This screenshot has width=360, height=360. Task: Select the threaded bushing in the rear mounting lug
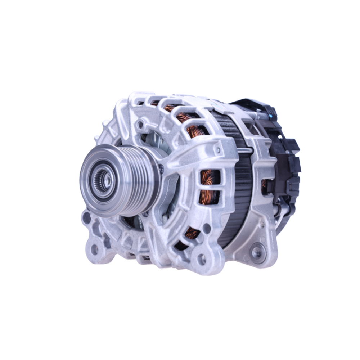(x=257, y=252)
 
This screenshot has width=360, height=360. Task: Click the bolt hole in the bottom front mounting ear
(x=202, y=258)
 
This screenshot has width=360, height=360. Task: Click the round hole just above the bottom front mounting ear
(x=206, y=228)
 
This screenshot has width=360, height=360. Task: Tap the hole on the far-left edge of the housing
(x=86, y=217)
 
